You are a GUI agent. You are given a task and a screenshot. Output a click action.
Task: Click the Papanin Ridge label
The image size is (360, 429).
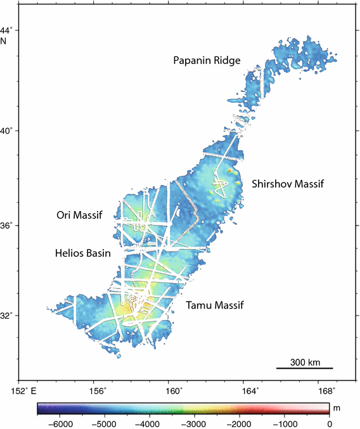[x=207, y=61]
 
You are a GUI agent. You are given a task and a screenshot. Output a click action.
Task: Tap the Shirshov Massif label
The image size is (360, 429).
[x=287, y=184]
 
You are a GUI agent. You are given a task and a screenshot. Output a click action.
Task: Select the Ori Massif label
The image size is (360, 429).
[x=79, y=215]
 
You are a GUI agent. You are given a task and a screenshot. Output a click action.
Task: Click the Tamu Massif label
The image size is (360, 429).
[x=215, y=305]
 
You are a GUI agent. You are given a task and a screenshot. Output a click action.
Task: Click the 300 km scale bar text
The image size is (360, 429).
[x=304, y=362]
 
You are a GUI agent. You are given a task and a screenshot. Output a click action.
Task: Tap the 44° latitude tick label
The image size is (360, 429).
[x=8, y=30]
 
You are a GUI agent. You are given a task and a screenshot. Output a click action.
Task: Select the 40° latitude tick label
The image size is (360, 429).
[x=8, y=131]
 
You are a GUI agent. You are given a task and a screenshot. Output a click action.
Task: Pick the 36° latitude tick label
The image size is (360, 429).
[x=8, y=226]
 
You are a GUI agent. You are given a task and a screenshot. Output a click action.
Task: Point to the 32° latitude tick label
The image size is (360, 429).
[x=8, y=315]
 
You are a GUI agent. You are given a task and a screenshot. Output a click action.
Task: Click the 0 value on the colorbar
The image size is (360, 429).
[x=329, y=423]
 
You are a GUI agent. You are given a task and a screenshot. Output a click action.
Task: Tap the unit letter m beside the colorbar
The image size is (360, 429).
[x=337, y=409]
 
